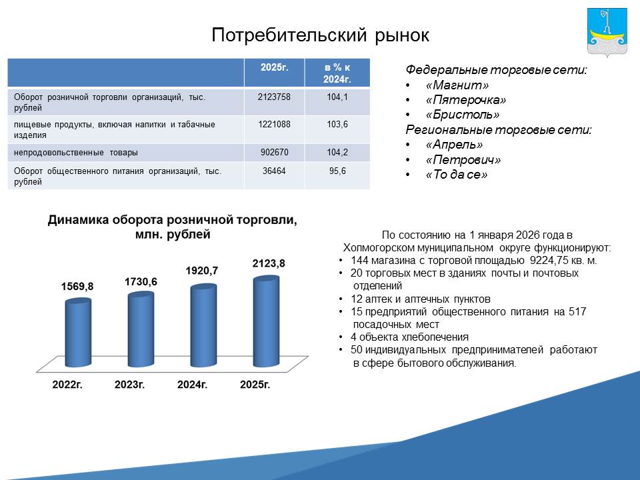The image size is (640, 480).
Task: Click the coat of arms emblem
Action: (607, 32)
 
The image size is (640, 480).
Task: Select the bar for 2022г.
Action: (78, 332)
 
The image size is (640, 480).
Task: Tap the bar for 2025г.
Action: (266, 321)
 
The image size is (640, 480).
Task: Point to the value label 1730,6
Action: (141, 281)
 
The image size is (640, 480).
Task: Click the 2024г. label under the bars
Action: (192, 385)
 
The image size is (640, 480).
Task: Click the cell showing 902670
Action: (274, 152)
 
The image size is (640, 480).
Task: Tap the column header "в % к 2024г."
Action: (337, 73)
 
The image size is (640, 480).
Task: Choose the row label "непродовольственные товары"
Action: (76, 153)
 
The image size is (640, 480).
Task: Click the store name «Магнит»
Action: (457, 85)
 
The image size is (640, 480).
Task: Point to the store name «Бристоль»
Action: (463, 115)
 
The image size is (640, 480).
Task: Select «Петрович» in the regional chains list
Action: (463, 159)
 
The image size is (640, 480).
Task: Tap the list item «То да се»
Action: (456, 175)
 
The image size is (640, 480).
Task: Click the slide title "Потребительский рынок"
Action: (321, 35)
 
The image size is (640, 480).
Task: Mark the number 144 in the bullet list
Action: (359, 261)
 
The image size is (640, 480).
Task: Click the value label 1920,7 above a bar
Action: (202, 271)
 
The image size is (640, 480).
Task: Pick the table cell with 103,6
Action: (337, 125)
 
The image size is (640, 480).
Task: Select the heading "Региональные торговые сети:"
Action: (499, 130)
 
